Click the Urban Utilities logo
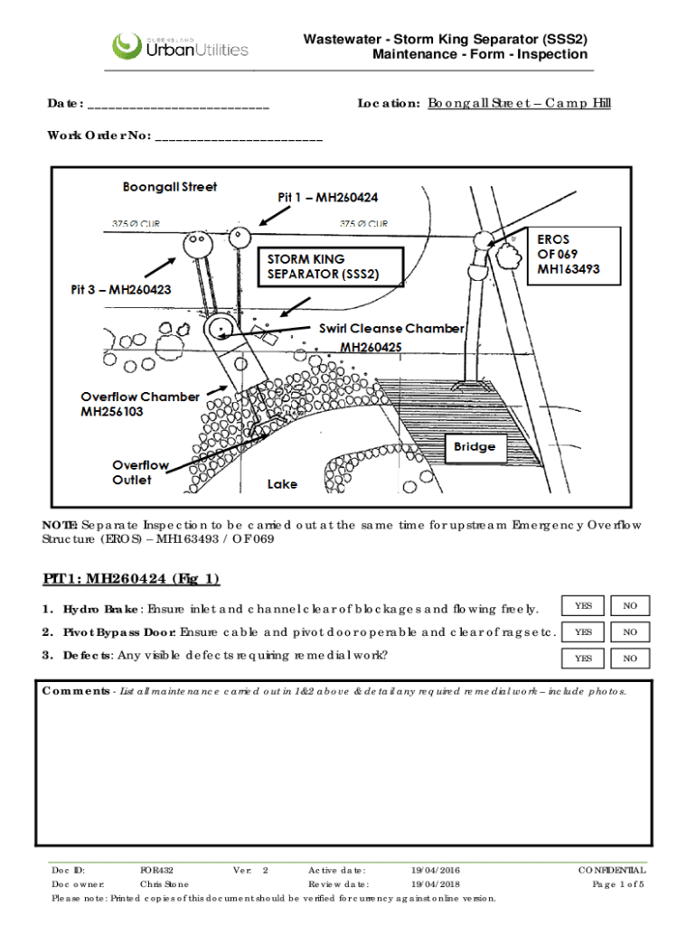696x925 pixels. (x=179, y=46)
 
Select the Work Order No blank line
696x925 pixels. (x=239, y=139)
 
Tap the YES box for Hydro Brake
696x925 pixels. (x=584, y=605)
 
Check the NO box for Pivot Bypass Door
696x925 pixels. (x=630, y=632)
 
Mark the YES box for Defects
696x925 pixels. (x=584, y=659)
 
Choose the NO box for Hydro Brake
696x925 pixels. (x=630, y=605)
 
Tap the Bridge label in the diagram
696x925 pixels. (x=475, y=446)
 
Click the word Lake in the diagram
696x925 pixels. (x=282, y=484)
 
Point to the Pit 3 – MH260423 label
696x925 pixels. (x=121, y=290)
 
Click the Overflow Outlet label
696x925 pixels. (x=140, y=472)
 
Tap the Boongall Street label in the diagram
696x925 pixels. (x=170, y=187)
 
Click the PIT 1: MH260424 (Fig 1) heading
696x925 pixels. (x=131, y=578)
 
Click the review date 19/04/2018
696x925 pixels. (x=436, y=884)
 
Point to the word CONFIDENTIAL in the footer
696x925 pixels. (x=612, y=870)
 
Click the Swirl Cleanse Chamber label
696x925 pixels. (x=391, y=329)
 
